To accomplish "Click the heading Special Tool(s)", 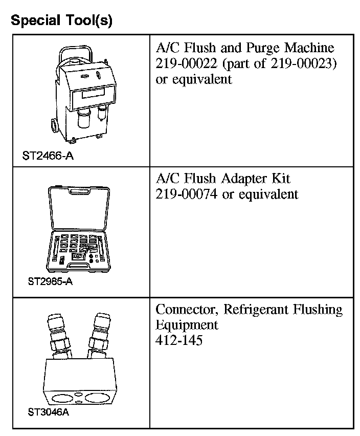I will [61, 20].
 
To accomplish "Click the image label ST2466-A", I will [48, 156].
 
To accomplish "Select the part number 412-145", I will [179, 340].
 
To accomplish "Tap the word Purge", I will [255, 49].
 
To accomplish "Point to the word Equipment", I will [187, 325].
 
